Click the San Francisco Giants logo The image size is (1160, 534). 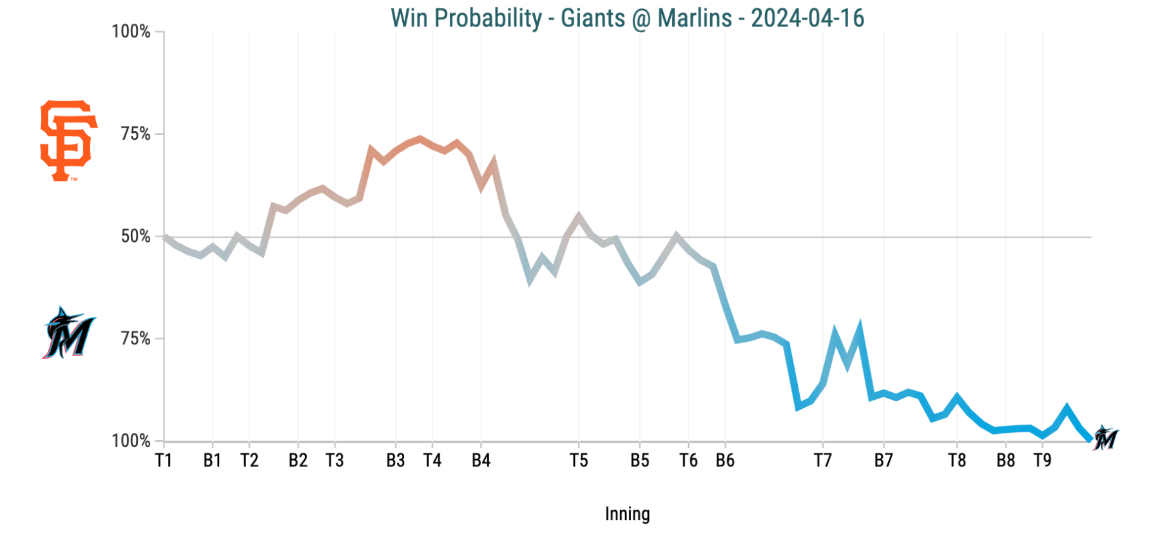pos(68,141)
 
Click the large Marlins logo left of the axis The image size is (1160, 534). pos(69,333)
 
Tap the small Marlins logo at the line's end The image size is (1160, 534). pos(1106,438)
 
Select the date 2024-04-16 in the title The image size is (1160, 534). pos(807,18)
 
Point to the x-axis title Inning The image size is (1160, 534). pos(627,514)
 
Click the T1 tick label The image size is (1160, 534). pos(164,460)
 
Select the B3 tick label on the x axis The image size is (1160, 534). pos(396,460)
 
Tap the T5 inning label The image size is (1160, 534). pos(579,460)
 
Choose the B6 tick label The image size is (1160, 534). pos(725,460)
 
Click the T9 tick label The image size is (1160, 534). pos(1042,460)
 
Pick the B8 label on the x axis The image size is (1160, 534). pos(1005,460)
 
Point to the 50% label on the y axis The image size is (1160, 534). pos(135,236)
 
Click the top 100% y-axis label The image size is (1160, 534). pos(131,32)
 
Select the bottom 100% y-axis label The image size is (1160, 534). pos(131,441)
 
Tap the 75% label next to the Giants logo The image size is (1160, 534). pos(135,134)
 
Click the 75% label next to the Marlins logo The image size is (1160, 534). pos(135,339)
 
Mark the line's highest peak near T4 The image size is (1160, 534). pos(420,138)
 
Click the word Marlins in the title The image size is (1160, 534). pos(695,18)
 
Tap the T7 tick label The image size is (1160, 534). pos(822,460)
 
